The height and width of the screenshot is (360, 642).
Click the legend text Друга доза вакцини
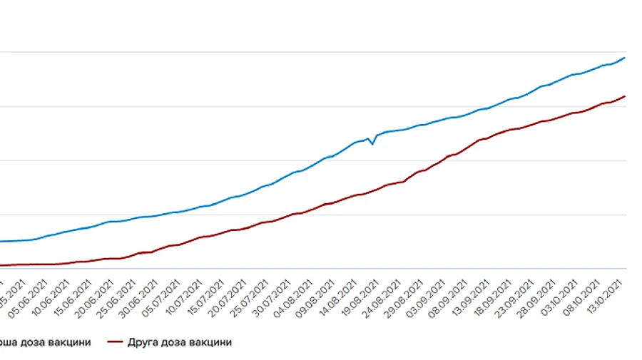click(180, 342)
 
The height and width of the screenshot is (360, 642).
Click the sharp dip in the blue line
click(372, 144)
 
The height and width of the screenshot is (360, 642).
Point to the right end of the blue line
click(625, 58)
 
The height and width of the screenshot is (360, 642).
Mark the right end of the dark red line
click(625, 96)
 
